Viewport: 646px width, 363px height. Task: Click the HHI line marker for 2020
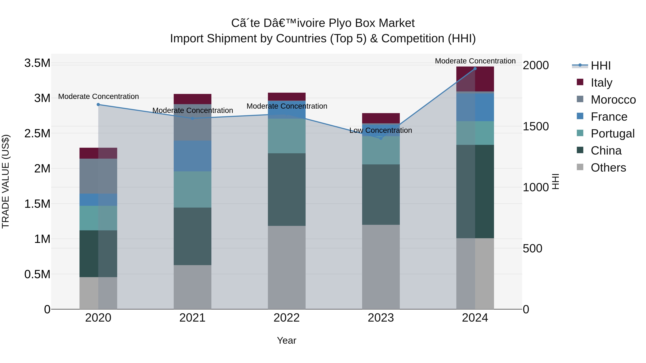98,105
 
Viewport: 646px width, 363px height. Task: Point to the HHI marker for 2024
475,68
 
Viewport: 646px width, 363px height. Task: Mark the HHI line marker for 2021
193,118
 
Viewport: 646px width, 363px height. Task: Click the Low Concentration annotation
381,130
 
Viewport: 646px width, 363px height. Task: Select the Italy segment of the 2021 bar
193,99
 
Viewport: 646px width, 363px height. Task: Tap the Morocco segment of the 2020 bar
98,176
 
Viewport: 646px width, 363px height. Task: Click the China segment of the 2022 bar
287,190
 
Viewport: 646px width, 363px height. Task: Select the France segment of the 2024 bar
475,107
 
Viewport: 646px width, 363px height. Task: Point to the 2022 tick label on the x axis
287,318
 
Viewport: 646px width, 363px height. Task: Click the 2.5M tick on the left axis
37,133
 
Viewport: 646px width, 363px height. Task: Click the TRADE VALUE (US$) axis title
6,181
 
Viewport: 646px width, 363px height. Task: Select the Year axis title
287,340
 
